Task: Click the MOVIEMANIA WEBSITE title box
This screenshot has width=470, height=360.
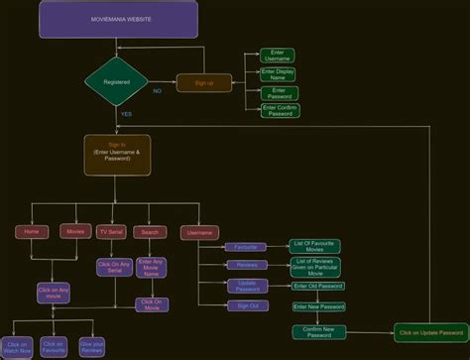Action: point(118,20)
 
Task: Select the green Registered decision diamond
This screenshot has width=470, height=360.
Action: point(117,81)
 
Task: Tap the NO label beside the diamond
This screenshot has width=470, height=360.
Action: point(157,90)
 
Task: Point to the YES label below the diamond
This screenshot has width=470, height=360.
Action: point(126,114)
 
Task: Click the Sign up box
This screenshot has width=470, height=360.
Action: point(203,83)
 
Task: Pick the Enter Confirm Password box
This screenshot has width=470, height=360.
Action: point(280,110)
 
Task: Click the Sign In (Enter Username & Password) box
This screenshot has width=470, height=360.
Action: point(117,155)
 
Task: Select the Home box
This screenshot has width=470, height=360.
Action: point(32,231)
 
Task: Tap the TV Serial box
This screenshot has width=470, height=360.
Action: point(110,231)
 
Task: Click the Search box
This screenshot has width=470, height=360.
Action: point(150,232)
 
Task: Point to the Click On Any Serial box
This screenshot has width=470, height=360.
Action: point(114,267)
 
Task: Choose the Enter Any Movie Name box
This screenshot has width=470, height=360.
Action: point(151,267)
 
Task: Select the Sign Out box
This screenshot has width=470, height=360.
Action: point(247,306)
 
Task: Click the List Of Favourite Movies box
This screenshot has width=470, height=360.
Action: point(316,245)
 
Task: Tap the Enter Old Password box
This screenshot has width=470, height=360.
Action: point(317,286)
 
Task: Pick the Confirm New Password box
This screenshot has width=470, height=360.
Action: point(319,332)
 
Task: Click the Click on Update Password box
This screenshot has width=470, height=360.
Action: point(430,332)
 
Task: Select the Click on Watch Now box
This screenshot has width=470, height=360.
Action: point(16,347)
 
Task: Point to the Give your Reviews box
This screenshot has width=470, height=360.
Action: point(92,347)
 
